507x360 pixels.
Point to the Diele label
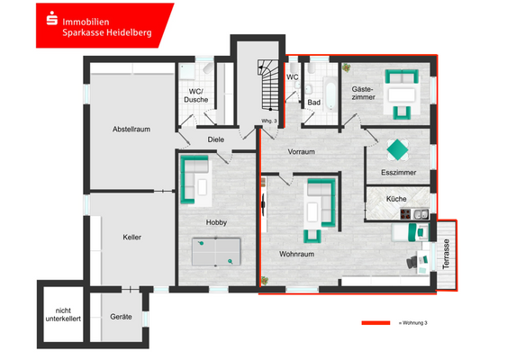[x=216, y=139]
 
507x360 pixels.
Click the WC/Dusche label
[x=195, y=95]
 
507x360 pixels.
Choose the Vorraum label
[x=302, y=152]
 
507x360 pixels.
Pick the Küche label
[x=396, y=198]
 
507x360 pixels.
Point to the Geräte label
[x=122, y=317]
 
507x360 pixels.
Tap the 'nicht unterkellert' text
[x=63, y=313]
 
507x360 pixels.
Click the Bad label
[x=313, y=103]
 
